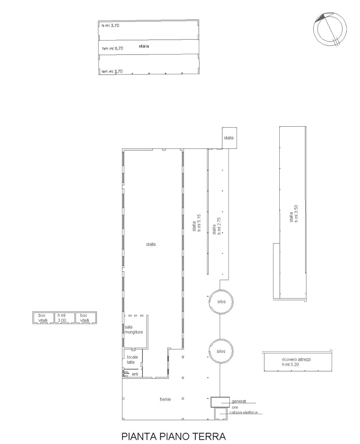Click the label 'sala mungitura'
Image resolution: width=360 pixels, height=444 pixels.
click(x=133, y=330)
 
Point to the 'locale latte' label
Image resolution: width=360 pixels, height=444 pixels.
click(x=132, y=360)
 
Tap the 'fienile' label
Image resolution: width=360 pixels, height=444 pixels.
click(x=165, y=399)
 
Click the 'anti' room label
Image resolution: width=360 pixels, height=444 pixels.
click(x=135, y=374)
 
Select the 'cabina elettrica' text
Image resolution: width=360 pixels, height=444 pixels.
click(x=243, y=413)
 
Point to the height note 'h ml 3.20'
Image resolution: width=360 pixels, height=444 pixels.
click(x=290, y=365)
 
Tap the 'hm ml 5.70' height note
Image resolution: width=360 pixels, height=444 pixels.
click(x=113, y=48)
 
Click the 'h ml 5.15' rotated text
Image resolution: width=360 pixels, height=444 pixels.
click(x=199, y=223)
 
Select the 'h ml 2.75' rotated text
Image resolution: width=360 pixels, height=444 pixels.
click(x=219, y=226)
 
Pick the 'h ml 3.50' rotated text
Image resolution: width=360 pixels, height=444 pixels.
click(x=296, y=214)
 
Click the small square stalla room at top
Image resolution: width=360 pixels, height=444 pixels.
click(x=229, y=138)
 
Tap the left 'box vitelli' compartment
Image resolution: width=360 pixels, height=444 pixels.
click(x=43, y=318)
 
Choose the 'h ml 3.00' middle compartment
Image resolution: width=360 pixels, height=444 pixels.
click(x=64, y=318)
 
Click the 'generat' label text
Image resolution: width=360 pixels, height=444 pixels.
click(x=239, y=401)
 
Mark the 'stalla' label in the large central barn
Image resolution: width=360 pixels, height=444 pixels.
click(x=151, y=244)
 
